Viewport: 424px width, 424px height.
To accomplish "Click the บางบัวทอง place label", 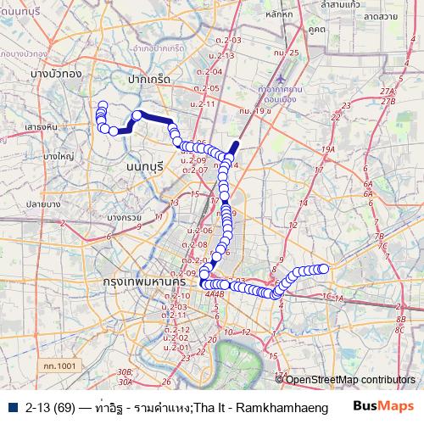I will pyautogui.click(x=54, y=74).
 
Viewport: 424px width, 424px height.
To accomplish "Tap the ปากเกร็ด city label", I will pyautogui.click(x=149, y=78).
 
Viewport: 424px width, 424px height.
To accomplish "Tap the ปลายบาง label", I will pyautogui.click(x=42, y=204).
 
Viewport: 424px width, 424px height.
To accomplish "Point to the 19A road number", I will pyautogui.click(x=328, y=149).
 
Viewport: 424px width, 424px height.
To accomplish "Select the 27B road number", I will pyautogui.click(x=389, y=101).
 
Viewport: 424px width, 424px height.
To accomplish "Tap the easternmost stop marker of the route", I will pyautogui.click(x=323, y=269).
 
